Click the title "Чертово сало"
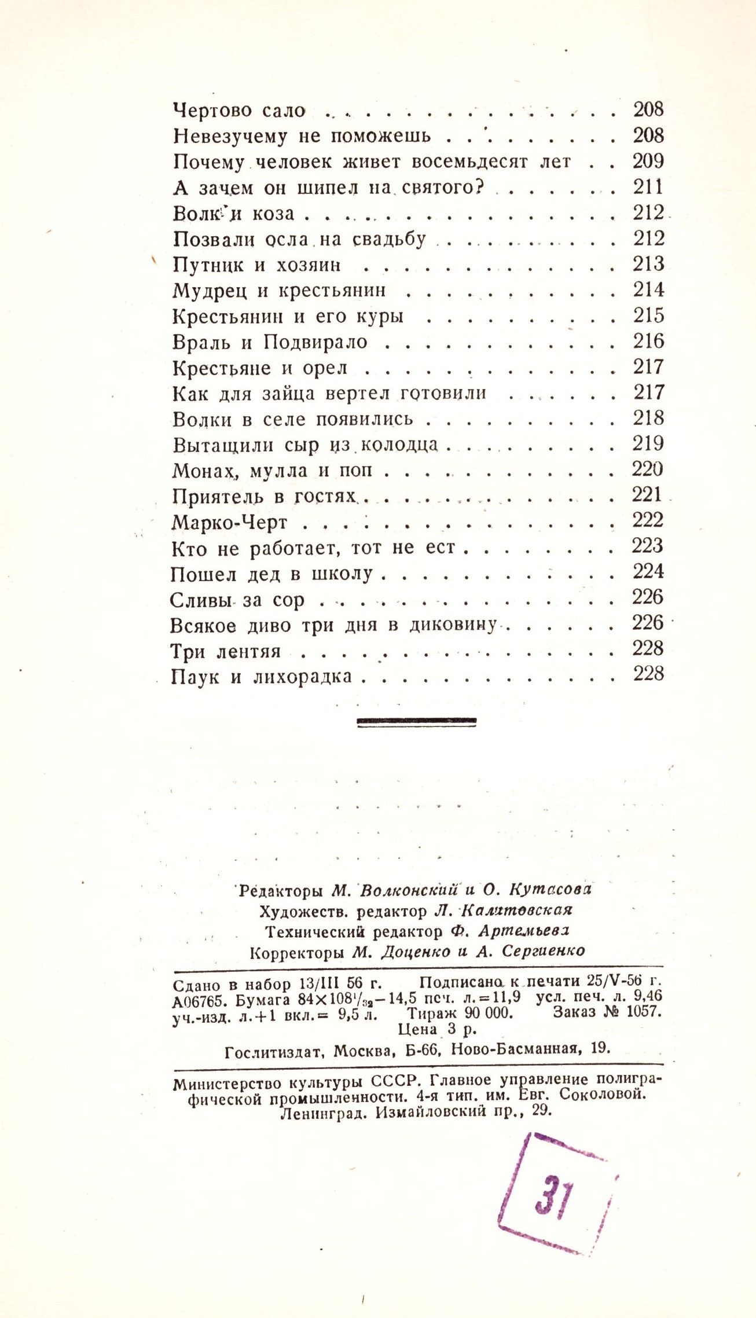(x=239, y=110)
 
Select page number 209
(x=648, y=161)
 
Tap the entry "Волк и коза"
(x=234, y=213)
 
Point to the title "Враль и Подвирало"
(x=270, y=342)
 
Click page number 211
(x=648, y=187)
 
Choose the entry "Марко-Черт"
(x=230, y=523)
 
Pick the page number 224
(x=648, y=572)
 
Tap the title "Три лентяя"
(x=226, y=652)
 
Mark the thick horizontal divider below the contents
(x=417, y=721)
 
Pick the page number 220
(x=648, y=469)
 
